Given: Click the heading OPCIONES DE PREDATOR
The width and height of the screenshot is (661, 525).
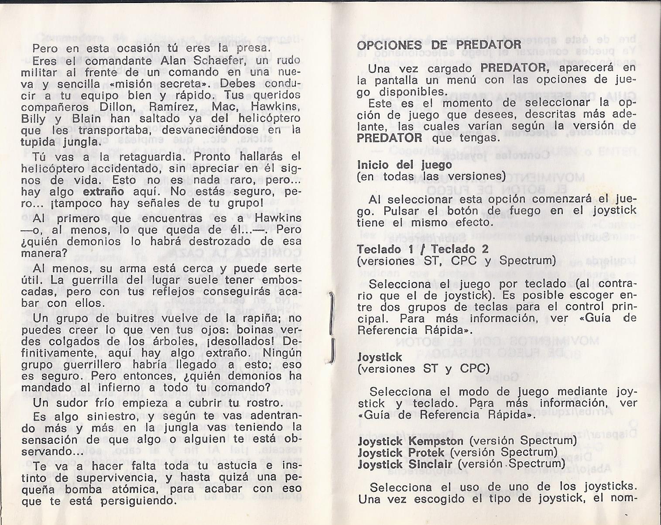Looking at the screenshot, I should [x=439, y=45].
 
